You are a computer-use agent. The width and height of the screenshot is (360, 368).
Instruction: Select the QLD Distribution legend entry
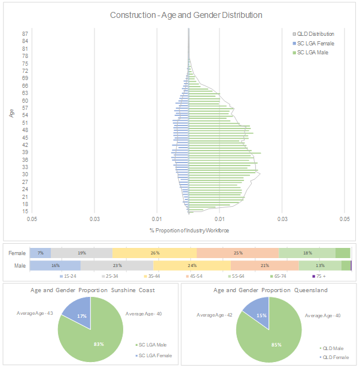coord(316,34)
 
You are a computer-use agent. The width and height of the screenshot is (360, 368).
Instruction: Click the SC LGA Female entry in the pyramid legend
coord(316,44)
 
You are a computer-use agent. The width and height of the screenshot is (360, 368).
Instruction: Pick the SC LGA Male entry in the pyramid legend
coord(312,53)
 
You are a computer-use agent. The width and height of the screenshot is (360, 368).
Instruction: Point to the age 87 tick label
coord(26,34)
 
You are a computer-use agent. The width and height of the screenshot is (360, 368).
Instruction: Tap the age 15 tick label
coord(26,211)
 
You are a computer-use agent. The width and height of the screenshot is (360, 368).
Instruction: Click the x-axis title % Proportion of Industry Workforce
coord(189,231)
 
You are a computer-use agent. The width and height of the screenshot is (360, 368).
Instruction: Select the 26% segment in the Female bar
coord(155,253)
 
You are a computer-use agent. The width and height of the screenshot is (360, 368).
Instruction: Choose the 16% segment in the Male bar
coord(55,265)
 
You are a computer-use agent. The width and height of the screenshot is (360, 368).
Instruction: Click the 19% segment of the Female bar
coord(81,253)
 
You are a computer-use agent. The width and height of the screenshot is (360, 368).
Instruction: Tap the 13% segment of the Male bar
coord(320,265)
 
